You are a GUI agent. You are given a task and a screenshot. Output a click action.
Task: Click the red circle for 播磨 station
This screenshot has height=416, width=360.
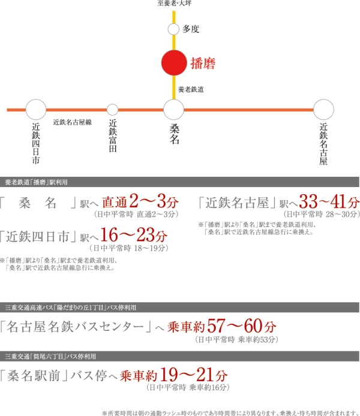[174, 62]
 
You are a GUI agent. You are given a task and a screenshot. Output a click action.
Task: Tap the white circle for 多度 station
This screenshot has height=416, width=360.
[174, 28]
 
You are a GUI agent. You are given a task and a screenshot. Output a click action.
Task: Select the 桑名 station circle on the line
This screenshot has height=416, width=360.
[174, 110]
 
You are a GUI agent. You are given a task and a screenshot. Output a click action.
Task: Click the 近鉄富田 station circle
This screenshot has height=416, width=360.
[112, 110]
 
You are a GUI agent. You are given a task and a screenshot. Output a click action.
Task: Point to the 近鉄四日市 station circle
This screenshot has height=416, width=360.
[36, 110]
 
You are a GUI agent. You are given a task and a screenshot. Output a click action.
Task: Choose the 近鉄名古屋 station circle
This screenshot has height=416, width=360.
[323, 110]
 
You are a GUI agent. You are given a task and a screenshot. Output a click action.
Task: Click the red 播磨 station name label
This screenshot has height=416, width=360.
[202, 62]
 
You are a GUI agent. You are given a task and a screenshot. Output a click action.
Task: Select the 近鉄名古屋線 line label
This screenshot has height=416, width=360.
[72, 122]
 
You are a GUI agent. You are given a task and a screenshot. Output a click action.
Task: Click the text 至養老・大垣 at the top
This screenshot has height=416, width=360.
[174, 4]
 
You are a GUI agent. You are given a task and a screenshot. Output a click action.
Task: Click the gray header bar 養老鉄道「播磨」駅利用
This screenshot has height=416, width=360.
[180, 181]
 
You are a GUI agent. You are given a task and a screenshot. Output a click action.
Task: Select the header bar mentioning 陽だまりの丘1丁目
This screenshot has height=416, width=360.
[180, 307]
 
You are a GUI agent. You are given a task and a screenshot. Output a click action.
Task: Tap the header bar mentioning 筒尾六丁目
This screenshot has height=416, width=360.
[180, 356]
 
